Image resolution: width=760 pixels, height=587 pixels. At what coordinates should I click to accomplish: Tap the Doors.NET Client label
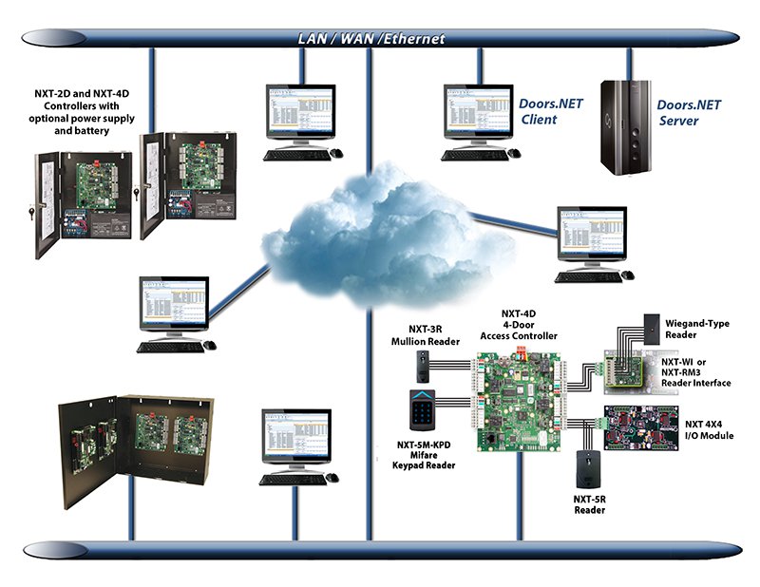pyautogui.click(x=550, y=112)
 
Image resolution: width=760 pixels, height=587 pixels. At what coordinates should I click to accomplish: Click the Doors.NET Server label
pyautogui.click(x=693, y=112)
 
